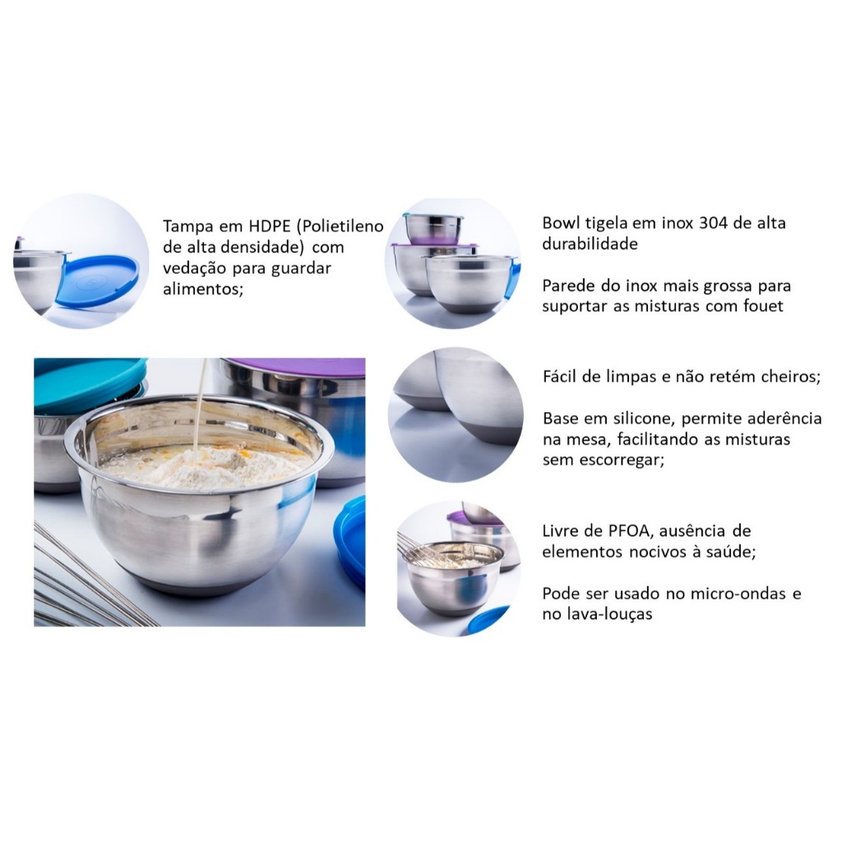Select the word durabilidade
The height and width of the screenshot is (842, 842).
[590, 243]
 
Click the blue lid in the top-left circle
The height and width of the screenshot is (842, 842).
[98, 280]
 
